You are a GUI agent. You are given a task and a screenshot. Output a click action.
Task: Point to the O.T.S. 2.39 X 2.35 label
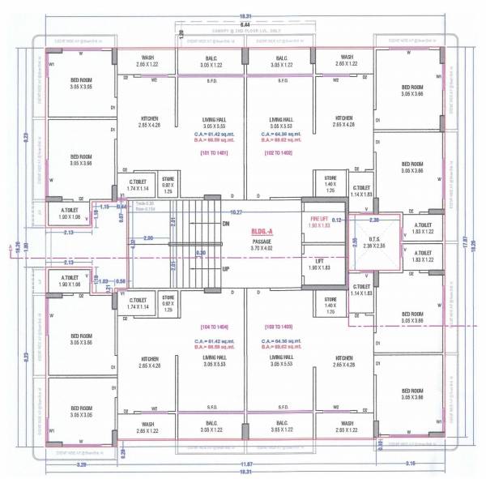click(373, 241)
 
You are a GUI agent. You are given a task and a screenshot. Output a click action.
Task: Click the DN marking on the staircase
click(227, 223)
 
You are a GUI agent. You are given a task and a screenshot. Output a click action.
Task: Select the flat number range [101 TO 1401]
click(215, 152)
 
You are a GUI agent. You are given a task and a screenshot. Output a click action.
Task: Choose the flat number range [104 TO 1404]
click(215, 327)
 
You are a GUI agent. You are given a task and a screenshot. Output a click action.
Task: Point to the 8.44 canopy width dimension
click(243, 24)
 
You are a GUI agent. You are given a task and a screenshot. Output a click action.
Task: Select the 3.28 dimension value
click(81, 464)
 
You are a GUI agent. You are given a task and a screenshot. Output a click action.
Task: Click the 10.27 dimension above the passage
click(237, 212)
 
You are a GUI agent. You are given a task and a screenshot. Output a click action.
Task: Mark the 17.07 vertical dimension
click(464, 240)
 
